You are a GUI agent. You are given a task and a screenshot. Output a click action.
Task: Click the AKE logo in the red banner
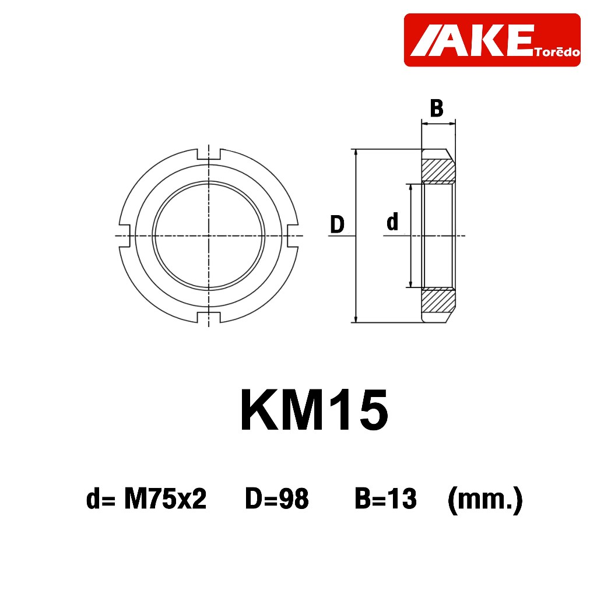coord(492,40)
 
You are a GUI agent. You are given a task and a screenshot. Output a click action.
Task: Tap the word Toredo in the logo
coord(557,52)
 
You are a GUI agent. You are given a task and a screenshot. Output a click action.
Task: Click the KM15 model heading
coord(314,410)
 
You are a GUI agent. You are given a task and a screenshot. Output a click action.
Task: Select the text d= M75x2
coord(146,499)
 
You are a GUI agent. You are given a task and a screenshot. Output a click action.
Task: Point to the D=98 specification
coord(277,499)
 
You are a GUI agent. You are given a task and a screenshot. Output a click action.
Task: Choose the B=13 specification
coord(386,499)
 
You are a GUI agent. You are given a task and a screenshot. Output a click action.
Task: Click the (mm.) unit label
coord(485,500)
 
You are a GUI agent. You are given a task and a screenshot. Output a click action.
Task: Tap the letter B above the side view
coord(437,108)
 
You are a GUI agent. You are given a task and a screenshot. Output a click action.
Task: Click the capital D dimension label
coord(337,224)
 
